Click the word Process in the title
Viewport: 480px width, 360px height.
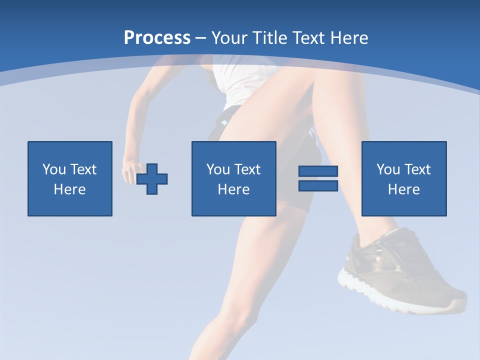click(x=157, y=38)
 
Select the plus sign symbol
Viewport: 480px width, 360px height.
click(x=152, y=179)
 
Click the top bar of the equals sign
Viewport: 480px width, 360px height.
click(x=318, y=171)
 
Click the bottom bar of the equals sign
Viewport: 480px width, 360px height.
click(x=318, y=185)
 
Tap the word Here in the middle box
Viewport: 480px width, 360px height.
click(x=233, y=189)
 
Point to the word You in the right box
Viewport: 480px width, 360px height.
click(x=388, y=169)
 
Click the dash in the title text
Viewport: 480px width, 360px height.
click(x=200, y=38)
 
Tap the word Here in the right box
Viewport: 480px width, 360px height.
click(x=404, y=189)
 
